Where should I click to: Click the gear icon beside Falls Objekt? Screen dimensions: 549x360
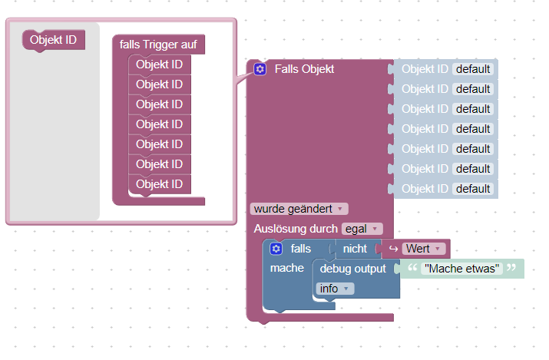click(260, 69)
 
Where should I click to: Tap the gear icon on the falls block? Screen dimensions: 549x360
click(276, 249)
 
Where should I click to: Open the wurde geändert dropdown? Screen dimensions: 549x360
click(299, 209)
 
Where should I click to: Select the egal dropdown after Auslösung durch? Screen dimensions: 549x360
click(362, 229)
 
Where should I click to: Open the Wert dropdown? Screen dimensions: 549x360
click(424, 249)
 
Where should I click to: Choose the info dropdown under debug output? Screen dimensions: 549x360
click(335, 289)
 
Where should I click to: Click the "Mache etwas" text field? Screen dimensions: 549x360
click(461, 269)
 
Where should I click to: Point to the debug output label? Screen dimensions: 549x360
click(352, 269)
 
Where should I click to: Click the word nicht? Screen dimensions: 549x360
click(355, 249)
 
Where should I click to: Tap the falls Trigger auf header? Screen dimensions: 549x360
click(158, 45)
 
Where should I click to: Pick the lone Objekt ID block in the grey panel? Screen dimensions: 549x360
click(53, 40)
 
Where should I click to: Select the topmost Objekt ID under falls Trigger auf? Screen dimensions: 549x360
click(159, 64)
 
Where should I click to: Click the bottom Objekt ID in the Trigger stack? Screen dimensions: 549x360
click(159, 184)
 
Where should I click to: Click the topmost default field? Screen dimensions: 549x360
click(473, 69)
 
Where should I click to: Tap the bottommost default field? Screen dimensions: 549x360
click(473, 189)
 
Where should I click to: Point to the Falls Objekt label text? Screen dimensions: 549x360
click(304, 69)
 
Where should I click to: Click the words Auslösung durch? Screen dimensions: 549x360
click(296, 229)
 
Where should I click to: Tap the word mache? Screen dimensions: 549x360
click(286, 268)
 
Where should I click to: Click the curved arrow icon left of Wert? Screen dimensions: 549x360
click(394, 249)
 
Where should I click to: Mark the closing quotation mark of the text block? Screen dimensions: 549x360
click(511, 268)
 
